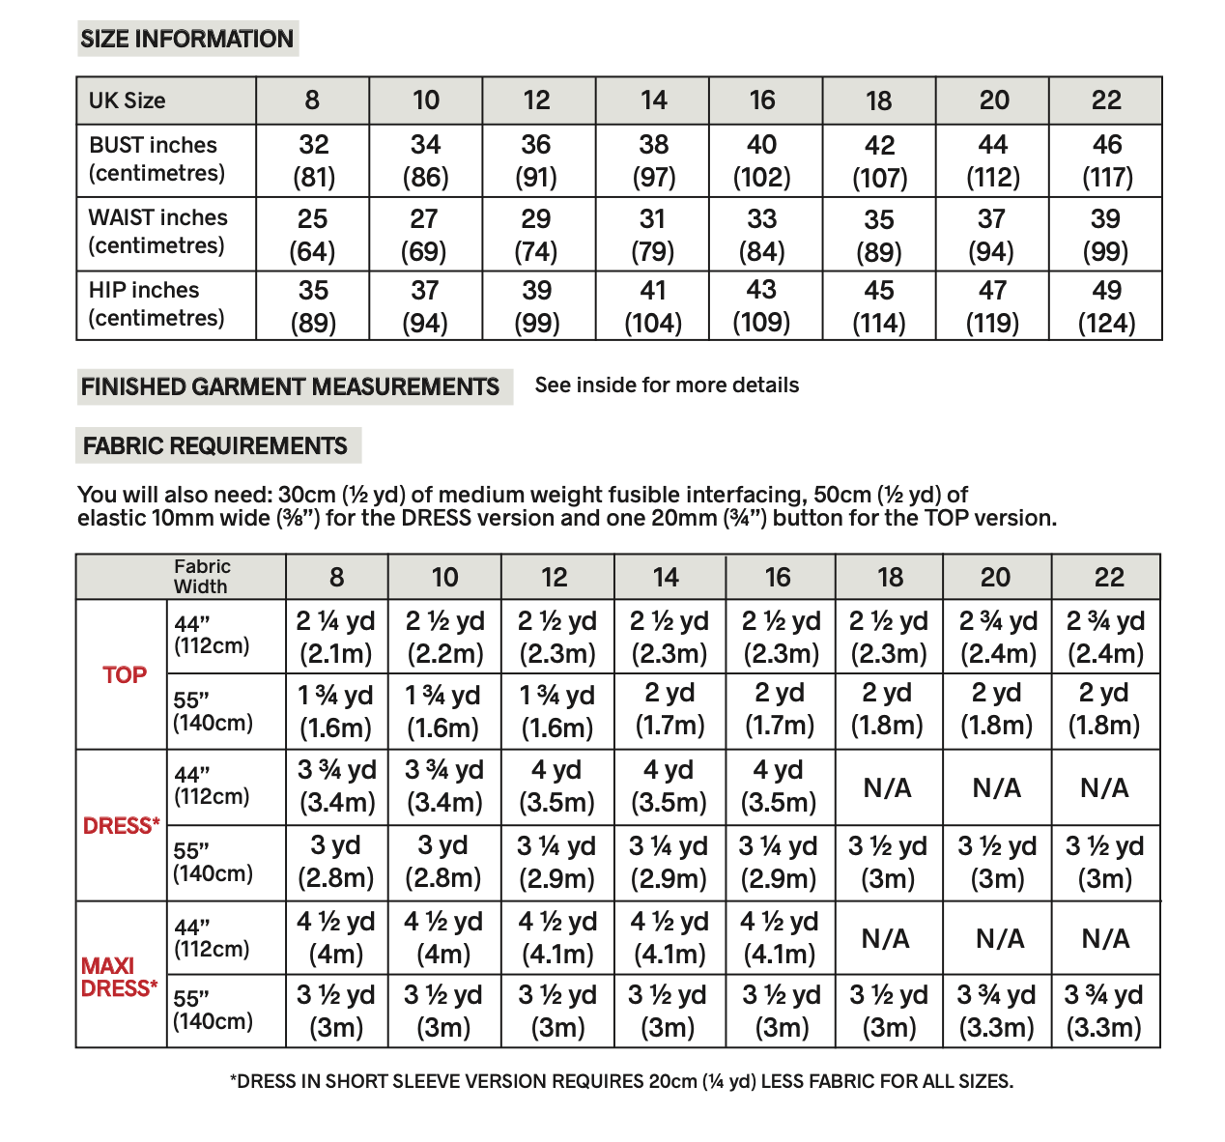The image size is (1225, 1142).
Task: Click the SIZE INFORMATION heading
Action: pos(186,39)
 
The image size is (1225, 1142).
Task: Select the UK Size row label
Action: pos(127,100)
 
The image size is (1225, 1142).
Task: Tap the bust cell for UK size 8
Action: pos(313,160)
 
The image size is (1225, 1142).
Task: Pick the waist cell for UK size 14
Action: pos(653,235)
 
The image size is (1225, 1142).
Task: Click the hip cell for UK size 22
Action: pos(1106,306)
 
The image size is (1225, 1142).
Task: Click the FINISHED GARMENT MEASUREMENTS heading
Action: pos(290,386)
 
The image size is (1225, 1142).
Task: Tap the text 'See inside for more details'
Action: pos(667,385)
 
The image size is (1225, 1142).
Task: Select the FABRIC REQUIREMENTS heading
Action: pos(215,445)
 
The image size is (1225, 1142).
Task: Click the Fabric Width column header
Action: pos(201,577)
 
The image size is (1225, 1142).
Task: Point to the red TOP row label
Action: pos(125,675)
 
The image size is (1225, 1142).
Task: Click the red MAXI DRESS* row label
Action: pos(119,977)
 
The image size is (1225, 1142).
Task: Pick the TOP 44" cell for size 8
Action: pos(336,637)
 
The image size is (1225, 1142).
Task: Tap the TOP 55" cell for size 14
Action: pos(669,710)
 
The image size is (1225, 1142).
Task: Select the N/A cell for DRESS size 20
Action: pos(997,788)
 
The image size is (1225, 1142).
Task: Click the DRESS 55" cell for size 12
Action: pos(556,862)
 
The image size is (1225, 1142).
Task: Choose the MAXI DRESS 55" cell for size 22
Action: pos(1104,1011)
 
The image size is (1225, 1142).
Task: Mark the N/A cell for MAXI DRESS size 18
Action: pos(886,938)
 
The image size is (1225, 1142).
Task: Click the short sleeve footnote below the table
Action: pos(621,1081)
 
